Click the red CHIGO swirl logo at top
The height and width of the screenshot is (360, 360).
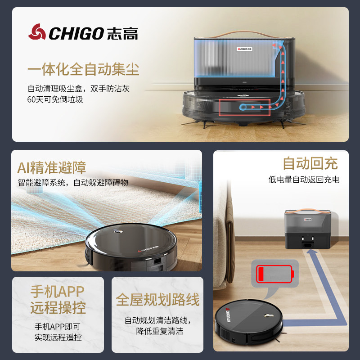37,32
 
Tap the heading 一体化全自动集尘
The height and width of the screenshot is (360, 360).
83,69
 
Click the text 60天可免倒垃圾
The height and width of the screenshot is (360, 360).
55,99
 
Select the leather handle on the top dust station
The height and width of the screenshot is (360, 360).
244,35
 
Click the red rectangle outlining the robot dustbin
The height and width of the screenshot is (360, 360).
244,108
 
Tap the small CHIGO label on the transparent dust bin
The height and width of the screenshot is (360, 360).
244,49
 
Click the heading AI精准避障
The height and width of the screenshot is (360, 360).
52,167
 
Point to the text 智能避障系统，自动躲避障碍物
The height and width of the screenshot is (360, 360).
73,183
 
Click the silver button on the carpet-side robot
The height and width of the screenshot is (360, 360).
117,231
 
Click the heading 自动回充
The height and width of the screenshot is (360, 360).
310,163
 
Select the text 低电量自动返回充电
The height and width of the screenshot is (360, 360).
304,180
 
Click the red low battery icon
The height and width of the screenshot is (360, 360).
275,274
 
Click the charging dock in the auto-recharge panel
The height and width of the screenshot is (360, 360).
308,229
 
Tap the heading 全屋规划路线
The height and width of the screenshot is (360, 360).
157,300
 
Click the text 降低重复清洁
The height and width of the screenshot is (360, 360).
160,331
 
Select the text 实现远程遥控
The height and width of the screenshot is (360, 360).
58,337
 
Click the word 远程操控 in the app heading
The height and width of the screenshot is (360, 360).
58,308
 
